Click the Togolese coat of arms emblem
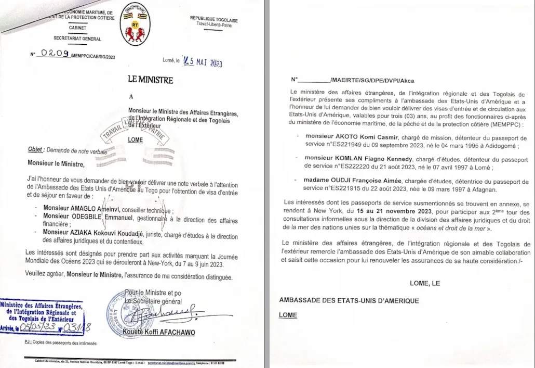[x=136, y=26]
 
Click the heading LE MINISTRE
[x=150, y=80]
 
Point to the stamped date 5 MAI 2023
[x=202, y=62]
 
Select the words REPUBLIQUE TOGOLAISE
[x=213, y=19]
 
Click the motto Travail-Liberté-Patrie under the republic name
[x=213, y=24]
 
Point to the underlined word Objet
[x=36, y=149]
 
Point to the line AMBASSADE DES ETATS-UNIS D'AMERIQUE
[x=349, y=300]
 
